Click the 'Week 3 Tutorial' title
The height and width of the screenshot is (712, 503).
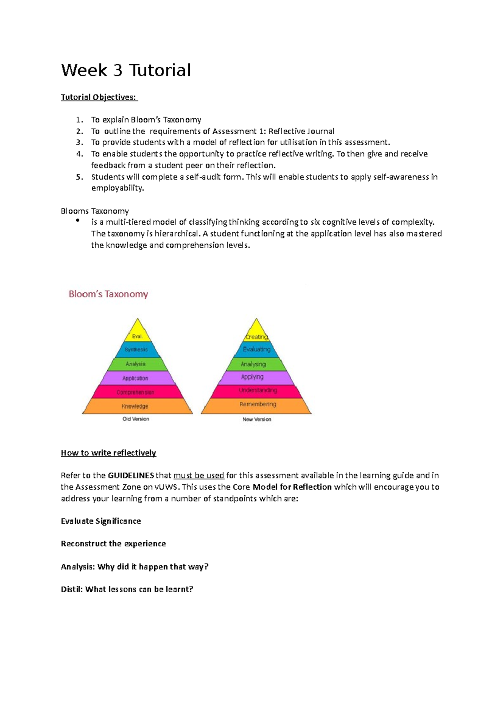click(126, 70)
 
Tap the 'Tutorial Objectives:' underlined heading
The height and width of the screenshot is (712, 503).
click(99, 97)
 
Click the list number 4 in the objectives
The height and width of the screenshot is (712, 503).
click(80, 154)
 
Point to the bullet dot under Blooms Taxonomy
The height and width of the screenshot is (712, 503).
click(77, 221)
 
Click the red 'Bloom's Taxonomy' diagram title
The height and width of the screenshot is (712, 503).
click(108, 294)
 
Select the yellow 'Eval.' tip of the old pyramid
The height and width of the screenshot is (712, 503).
click(137, 335)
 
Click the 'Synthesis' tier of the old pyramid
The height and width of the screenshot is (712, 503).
click(136, 350)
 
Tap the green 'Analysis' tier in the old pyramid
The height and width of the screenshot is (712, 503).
click(135, 364)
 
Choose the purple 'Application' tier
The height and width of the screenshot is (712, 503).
click(135, 378)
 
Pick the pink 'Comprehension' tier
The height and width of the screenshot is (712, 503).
click(135, 392)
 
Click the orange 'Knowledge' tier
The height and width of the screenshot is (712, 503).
click(135, 406)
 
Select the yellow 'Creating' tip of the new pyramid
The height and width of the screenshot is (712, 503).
click(257, 336)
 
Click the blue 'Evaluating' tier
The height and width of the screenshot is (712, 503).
click(257, 349)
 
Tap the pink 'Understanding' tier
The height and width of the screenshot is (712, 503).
click(257, 390)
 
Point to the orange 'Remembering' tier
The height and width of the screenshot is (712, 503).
click(257, 404)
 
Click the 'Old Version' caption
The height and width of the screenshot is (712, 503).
click(135, 419)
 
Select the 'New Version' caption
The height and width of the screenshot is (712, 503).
click(257, 419)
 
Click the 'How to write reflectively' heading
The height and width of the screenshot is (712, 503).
click(108, 453)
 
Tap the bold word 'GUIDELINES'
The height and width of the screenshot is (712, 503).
click(131, 476)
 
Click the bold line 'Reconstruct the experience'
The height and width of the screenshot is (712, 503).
click(113, 544)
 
